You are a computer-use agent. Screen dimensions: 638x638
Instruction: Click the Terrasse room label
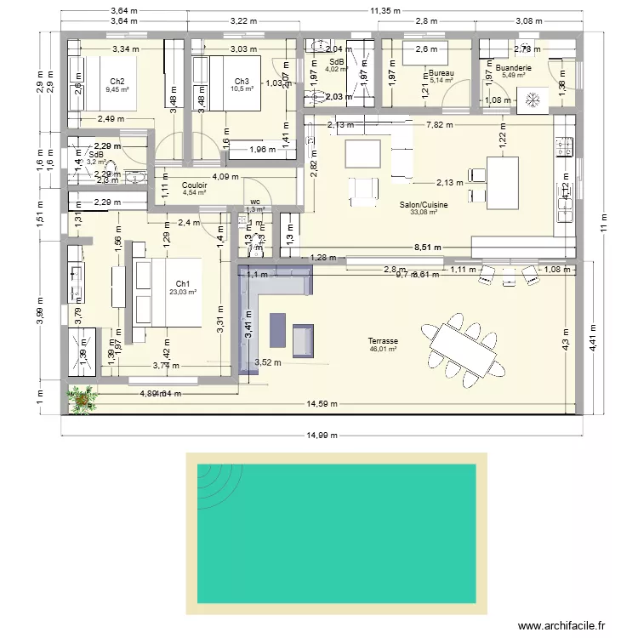click(384, 340)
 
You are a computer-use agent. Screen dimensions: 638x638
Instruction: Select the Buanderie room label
click(513, 67)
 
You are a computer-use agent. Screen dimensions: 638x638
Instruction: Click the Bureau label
click(441, 74)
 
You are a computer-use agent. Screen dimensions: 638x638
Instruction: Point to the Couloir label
click(194, 185)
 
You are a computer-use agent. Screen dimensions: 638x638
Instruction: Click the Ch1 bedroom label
click(183, 284)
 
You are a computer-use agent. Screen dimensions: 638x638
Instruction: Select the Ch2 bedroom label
click(117, 81)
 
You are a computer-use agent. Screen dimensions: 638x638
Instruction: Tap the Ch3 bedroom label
click(242, 81)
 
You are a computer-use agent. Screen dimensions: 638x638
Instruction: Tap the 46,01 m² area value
click(384, 349)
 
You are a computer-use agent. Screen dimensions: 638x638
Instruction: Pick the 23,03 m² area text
click(183, 293)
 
